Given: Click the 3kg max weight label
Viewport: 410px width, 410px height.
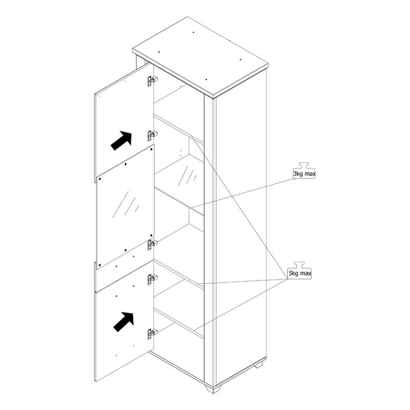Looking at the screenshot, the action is [x=304, y=174].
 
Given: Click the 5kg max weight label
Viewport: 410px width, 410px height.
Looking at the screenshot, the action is [x=300, y=274].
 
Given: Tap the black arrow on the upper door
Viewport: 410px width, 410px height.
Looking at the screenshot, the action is [x=121, y=140].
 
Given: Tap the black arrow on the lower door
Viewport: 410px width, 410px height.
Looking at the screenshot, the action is [x=124, y=322].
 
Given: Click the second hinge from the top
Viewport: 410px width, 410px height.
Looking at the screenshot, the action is [x=152, y=135].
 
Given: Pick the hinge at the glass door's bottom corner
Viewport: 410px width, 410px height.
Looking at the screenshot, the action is [x=152, y=244].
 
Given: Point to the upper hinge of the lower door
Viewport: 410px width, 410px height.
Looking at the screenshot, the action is [x=152, y=279].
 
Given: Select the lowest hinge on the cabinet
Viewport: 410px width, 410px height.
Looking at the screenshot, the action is [x=152, y=334].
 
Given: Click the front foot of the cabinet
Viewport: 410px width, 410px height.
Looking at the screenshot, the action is [x=213, y=388].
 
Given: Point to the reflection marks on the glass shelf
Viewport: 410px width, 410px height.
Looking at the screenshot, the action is [x=187, y=175].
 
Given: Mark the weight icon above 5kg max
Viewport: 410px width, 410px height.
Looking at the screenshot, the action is [x=299, y=265].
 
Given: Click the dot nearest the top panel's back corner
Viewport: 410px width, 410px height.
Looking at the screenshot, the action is [x=193, y=32].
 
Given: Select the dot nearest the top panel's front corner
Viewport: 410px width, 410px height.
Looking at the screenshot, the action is [x=207, y=79].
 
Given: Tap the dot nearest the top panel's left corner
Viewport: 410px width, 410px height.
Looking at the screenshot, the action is [x=159, y=52].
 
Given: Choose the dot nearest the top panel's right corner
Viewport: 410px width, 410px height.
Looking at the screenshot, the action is [x=240, y=59].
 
